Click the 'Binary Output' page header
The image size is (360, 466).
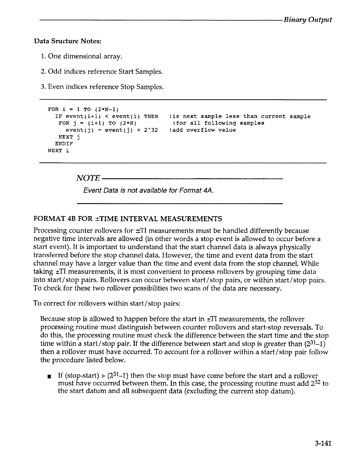tap(307, 20)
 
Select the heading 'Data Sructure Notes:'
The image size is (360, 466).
tap(68, 41)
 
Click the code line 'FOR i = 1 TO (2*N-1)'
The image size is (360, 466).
tap(83, 110)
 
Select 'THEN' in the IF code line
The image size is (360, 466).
tap(151, 116)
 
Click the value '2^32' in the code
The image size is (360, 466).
tap(151, 130)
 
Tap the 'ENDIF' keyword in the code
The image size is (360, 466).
tap(64, 144)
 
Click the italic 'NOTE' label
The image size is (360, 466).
tap(88, 178)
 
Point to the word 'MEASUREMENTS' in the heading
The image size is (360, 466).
tap(193, 219)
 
